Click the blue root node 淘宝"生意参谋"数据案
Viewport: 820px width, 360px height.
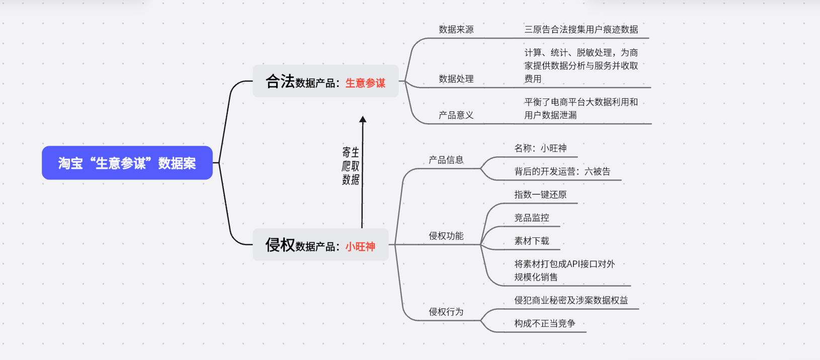(x=127, y=163)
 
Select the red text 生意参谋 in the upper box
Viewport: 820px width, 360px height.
(x=365, y=83)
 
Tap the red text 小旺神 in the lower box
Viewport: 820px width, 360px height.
(x=360, y=246)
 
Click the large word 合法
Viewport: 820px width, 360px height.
(x=280, y=81)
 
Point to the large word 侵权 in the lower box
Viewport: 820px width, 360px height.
(x=280, y=245)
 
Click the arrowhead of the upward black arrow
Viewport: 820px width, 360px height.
(x=363, y=119)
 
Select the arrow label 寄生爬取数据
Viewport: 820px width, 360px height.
(x=351, y=166)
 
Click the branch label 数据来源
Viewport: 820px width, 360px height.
(x=456, y=29)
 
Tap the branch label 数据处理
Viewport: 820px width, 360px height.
(x=456, y=78)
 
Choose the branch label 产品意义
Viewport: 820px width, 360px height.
(x=456, y=115)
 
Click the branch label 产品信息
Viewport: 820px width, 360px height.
(x=446, y=160)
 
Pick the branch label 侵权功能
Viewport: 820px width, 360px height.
(x=446, y=236)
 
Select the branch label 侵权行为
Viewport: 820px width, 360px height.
(x=446, y=312)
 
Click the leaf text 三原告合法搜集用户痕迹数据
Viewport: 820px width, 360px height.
(x=582, y=29)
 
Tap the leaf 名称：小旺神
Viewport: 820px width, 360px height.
(x=540, y=148)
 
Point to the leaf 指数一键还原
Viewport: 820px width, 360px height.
(x=540, y=195)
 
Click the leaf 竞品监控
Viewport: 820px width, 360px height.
(x=532, y=218)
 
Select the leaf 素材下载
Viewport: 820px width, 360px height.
(x=532, y=241)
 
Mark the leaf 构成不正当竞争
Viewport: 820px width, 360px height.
(x=545, y=323)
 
